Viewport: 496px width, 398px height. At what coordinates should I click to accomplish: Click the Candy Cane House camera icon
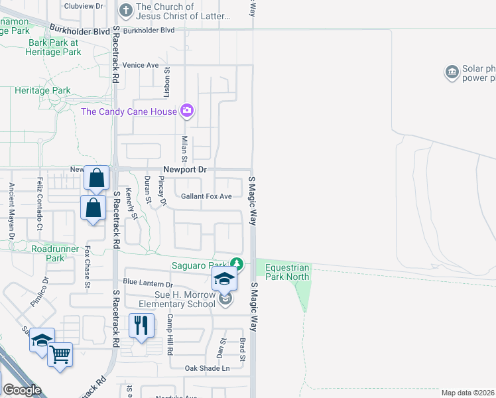[x=187, y=111]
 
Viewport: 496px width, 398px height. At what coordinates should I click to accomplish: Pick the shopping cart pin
[x=60, y=356]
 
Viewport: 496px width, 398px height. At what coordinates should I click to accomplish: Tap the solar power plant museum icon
[x=452, y=72]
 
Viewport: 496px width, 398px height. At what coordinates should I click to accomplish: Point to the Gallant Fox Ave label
[x=206, y=196]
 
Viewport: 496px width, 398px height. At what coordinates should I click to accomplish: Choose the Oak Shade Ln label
[x=207, y=368]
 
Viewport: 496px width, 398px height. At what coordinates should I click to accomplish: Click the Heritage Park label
[x=42, y=90]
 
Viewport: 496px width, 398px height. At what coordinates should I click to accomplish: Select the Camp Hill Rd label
[x=170, y=332]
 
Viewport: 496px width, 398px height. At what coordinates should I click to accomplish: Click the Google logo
[x=22, y=390]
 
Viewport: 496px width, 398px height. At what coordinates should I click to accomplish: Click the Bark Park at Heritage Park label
[x=53, y=46]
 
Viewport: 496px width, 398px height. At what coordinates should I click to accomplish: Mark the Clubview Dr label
[x=84, y=5]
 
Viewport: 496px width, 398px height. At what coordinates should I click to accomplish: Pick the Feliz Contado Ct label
[x=40, y=198]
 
